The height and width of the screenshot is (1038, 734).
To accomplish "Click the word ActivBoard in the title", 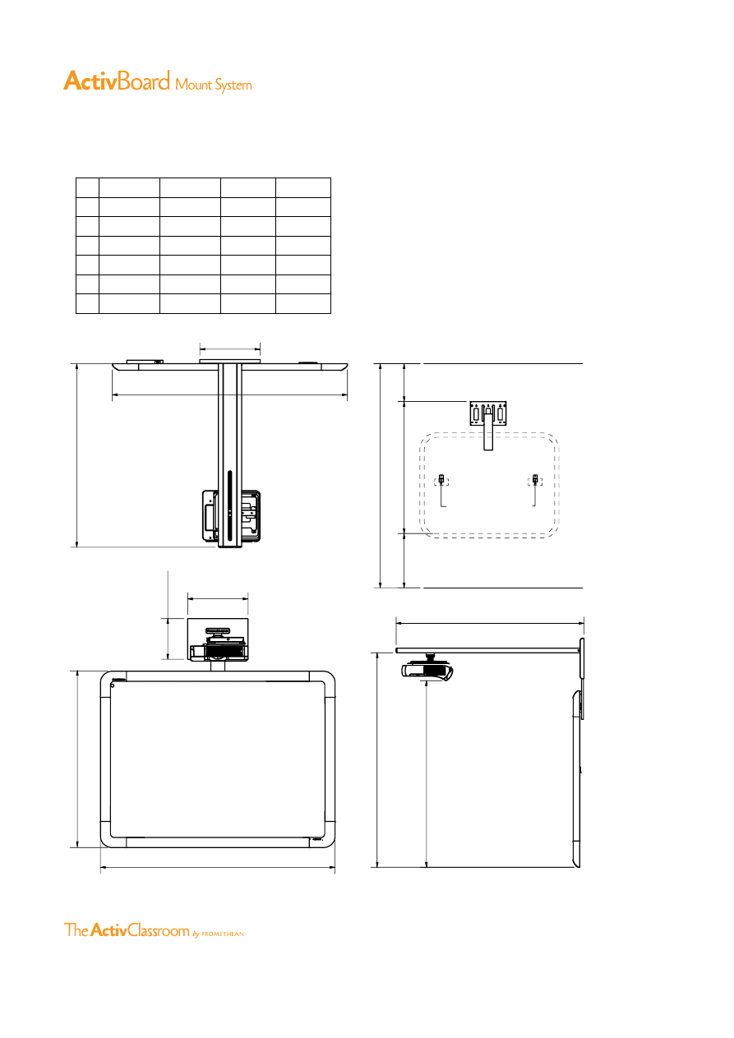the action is pos(117,81).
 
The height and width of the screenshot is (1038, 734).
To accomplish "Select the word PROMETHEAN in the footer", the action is pos(223,934).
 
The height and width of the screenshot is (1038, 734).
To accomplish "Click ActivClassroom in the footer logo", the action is pos(140,930).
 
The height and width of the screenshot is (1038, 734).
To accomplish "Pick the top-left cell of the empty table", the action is pos(88,187).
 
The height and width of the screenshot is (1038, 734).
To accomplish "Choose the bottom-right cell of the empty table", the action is pos(303,303).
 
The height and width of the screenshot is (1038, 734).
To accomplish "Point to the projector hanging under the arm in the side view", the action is pos(427,670).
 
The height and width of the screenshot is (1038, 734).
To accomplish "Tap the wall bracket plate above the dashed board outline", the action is pos(488,413).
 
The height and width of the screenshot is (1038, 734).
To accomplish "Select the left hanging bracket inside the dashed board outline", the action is pos(441,489).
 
